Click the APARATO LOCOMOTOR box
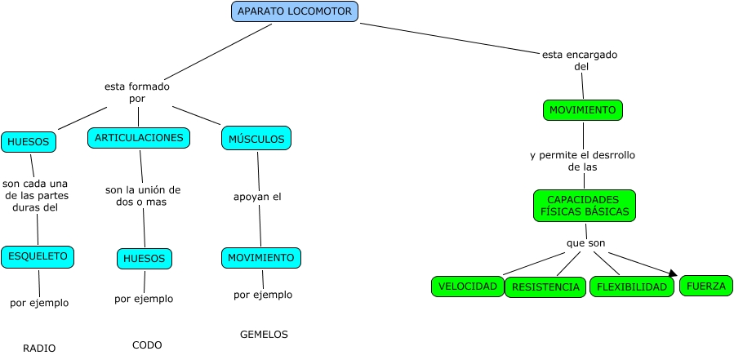pos(295,11)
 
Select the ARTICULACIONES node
pos(139,138)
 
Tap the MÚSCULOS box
pos(256,139)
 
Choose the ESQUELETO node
pos(38,256)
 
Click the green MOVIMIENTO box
pos(582,110)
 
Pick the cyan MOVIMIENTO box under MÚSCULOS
pos(260,258)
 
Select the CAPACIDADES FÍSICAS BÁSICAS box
pos(584,206)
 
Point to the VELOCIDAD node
pos(468,287)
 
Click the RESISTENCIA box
pos(545,287)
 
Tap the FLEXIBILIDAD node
pos(632,287)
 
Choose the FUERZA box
pos(706,286)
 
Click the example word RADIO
pos(39,348)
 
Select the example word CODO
pos(147,345)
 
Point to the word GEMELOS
pos(264,334)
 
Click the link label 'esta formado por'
pos(137,92)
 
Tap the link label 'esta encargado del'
pos(580,60)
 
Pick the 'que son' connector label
pos(585,243)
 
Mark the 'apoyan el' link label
pos(257,197)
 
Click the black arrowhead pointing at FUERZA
pos(674,274)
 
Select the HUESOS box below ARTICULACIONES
pos(144,259)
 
